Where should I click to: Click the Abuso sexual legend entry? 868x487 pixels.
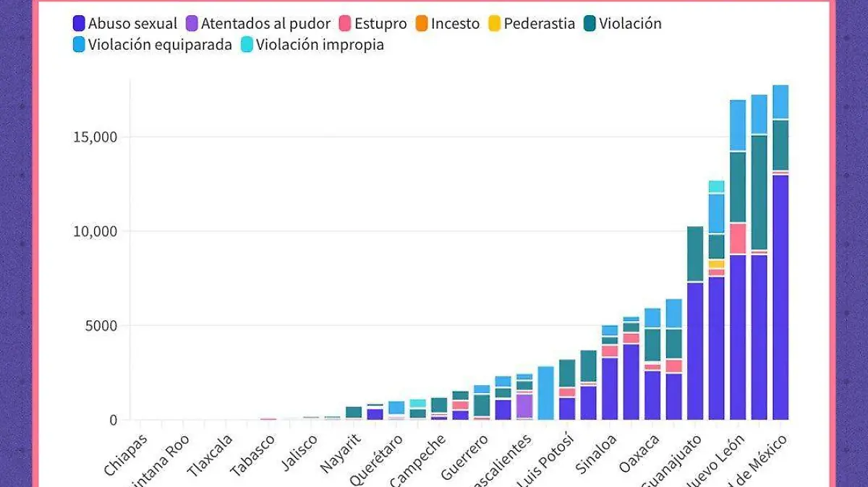coord(125,24)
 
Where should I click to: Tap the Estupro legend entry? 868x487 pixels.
coord(373,24)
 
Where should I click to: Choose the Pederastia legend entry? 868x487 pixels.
coord(531,24)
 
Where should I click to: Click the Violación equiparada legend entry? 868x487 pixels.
coord(152,45)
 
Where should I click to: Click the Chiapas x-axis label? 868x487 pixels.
coord(127,454)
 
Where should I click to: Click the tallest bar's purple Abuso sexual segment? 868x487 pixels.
coord(780,296)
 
